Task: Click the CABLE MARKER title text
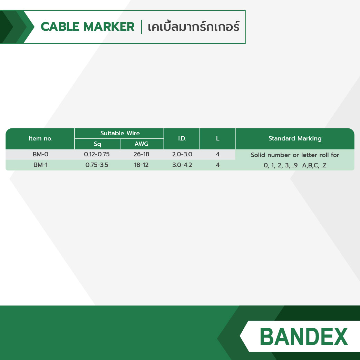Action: tap(87, 27)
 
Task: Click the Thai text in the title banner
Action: tap(193, 27)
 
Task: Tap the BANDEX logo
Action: tap(304, 337)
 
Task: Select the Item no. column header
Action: tap(40, 138)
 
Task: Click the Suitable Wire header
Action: tap(120, 133)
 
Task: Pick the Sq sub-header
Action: tap(97, 144)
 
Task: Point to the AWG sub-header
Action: tap(142, 144)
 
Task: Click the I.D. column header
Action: tap(182, 138)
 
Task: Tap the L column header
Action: tap(217, 138)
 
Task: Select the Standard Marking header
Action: tap(295, 138)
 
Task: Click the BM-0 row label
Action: tap(40, 154)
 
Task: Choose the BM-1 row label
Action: tap(40, 165)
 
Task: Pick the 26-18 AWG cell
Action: tap(141, 154)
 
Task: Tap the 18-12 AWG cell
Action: tap(141, 165)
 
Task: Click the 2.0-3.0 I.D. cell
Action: tap(182, 154)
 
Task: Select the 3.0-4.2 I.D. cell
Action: tap(182, 165)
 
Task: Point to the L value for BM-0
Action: tap(217, 154)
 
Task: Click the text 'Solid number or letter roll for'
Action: tap(295, 155)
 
